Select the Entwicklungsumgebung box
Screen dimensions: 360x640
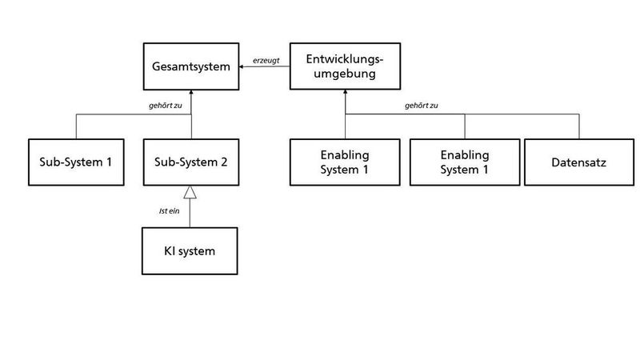pyautogui.click(x=346, y=66)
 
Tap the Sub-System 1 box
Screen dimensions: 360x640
pyautogui.click(x=75, y=162)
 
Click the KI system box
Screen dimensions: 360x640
pyautogui.click(x=190, y=251)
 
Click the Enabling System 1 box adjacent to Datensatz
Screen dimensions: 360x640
pyautogui.click(x=464, y=162)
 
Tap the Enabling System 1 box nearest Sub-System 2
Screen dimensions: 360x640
pyautogui.click(x=346, y=162)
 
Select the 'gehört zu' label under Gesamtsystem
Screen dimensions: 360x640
pyautogui.click(x=165, y=105)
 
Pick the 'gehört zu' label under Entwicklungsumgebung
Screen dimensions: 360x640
pyautogui.click(x=421, y=105)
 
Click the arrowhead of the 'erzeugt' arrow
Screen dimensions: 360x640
pyautogui.click(x=242, y=66)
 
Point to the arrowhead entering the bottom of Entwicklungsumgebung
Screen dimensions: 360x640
pyautogui.click(x=346, y=92)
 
